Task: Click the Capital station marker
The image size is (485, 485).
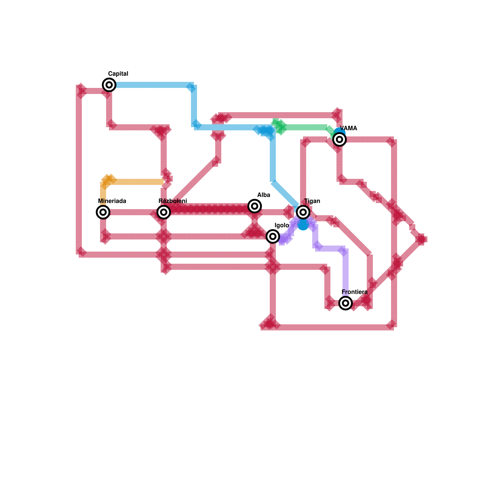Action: click(x=109, y=85)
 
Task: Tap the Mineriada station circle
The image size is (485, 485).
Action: click(x=103, y=212)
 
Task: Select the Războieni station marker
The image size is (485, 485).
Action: click(x=164, y=212)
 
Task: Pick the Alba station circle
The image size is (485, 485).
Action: click(x=255, y=206)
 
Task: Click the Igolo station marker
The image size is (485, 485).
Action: click(x=273, y=236)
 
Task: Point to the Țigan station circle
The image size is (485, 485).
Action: click(x=303, y=212)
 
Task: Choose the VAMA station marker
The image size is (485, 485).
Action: click(x=339, y=139)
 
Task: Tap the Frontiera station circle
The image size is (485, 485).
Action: click(x=346, y=303)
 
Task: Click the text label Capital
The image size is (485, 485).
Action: click(x=118, y=74)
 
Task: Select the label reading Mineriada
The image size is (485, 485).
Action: click(x=112, y=201)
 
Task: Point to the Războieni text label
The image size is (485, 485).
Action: click(x=172, y=201)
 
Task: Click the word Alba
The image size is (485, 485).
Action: click(x=263, y=195)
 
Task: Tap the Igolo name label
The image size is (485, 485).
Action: click(x=282, y=225)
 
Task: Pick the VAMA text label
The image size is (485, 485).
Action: click(x=348, y=128)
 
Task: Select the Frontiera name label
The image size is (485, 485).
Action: click(x=354, y=292)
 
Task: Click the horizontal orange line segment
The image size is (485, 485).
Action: click(x=139, y=182)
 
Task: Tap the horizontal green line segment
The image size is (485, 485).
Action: click(x=306, y=127)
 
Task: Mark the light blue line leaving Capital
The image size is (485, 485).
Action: click(x=152, y=85)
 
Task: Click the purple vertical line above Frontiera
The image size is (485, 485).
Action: click(x=346, y=273)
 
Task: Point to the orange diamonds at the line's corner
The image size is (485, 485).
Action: click(x=108, y=180)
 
